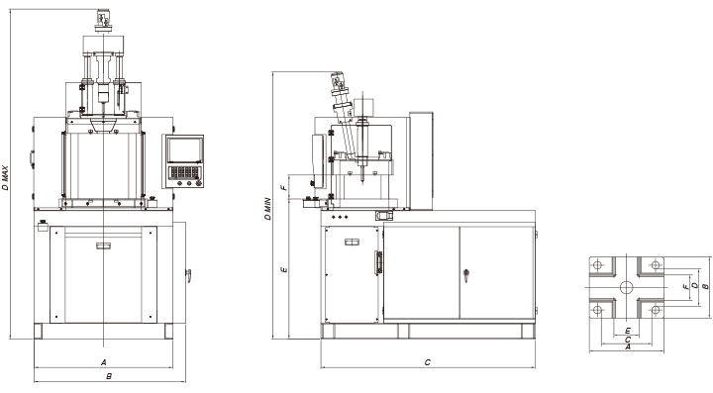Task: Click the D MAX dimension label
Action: [x=5, y=177]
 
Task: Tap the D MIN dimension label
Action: [x=267, y=209]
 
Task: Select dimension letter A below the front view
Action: [x=104, y=362]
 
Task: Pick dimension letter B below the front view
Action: [x=109, y=376]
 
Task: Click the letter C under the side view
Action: [x=428, y=362]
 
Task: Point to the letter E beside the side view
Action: [x=284, y=270]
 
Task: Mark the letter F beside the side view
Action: [x=284, y=187]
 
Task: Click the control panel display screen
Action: [x=184, y=149]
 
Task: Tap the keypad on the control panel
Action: [x=184, y=171]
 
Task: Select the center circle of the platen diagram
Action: [x=626, y=287]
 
